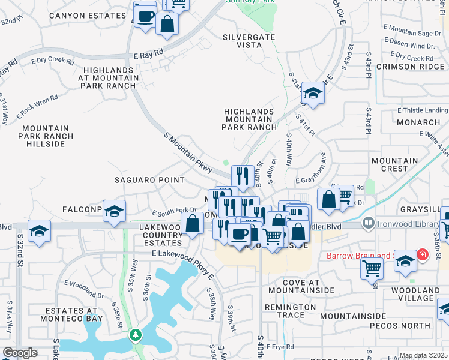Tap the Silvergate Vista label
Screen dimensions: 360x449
(249, 41)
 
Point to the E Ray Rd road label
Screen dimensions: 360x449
(149, 54)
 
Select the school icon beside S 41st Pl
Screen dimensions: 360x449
(313, 92)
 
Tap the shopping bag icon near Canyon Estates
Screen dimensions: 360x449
(167, 24)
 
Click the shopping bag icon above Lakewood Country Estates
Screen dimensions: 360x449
(193, 225)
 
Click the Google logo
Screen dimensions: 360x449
(20, 353)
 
